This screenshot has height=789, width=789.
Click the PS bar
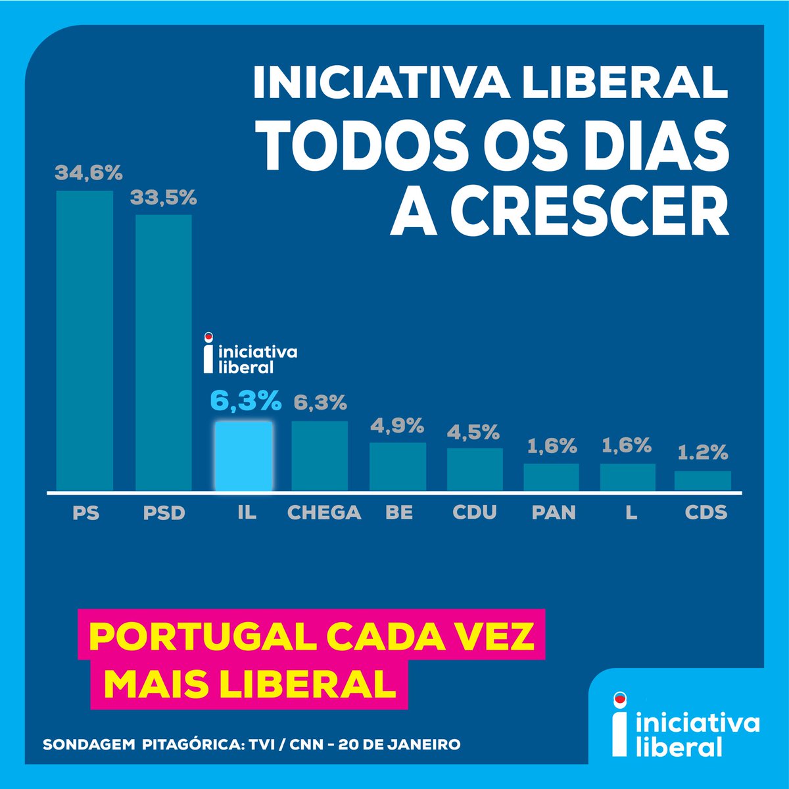85,341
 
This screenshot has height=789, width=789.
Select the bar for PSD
164,352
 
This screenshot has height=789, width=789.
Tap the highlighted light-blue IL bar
243,456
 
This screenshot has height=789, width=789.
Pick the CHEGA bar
320,456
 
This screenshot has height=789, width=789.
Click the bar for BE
398,466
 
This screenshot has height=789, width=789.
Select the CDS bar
703,481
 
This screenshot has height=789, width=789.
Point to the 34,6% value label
89,174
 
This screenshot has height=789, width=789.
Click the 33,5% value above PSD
164,197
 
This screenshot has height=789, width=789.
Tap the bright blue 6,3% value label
245,401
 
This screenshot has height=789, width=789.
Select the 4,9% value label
396,425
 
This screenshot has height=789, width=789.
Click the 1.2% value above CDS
704,453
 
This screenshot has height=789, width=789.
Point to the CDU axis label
475,512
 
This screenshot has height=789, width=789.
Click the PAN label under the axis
553,512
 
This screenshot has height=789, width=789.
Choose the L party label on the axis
631,512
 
